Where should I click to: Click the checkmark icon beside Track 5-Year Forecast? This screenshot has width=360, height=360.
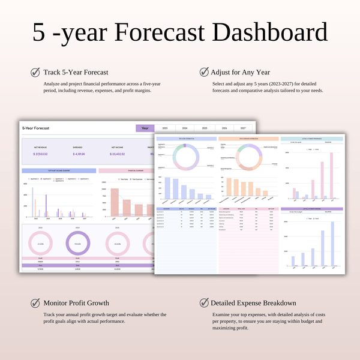35,73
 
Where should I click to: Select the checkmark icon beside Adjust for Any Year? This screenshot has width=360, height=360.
204,73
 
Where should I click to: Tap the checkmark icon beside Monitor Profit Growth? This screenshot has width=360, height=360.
35,303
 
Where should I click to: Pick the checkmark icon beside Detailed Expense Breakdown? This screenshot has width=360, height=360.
204,303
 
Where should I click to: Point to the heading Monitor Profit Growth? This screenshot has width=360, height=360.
76,303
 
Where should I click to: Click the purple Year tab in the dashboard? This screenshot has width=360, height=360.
145,128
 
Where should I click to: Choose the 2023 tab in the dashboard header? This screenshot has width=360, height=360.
164,128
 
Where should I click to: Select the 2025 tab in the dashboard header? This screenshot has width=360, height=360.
204,128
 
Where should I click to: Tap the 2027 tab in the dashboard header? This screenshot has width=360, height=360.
243,128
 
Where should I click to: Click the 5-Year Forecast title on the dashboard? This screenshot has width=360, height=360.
36,128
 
